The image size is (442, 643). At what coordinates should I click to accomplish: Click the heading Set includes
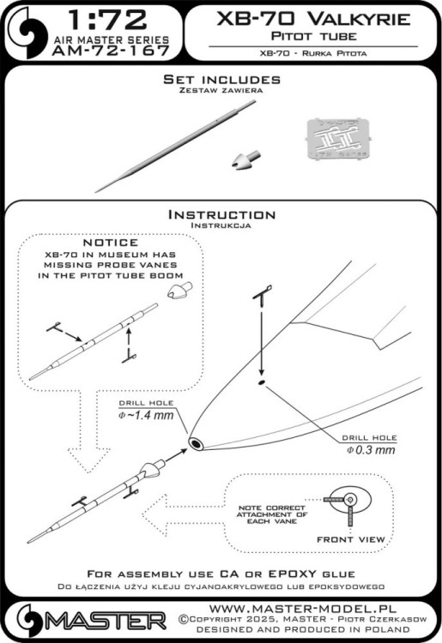pyautogui.click(x=221, y=80)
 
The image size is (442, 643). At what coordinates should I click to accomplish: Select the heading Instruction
pyautogui.click(x=221, y=214)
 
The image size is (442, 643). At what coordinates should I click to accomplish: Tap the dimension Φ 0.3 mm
pyautogui.click(x=372, y=449)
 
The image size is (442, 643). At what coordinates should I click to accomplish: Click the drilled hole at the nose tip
pyautogui.click(x=197, y=443)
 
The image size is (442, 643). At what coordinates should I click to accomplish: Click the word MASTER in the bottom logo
pyautogui.click(x=104, y=621)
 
